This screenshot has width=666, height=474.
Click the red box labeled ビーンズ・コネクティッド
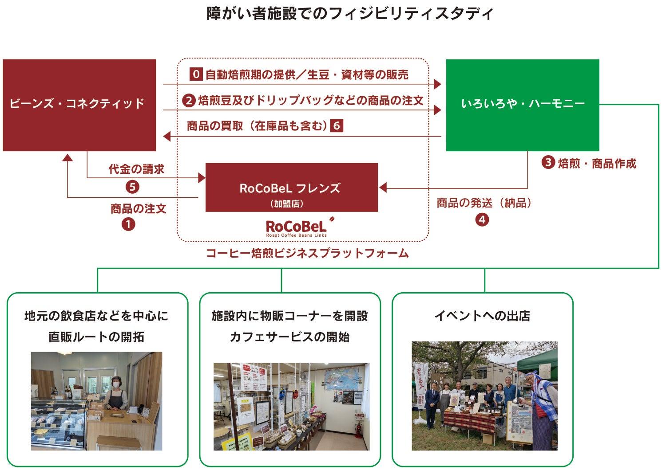coord(79,105)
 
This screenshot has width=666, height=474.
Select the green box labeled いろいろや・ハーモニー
coord(522,105)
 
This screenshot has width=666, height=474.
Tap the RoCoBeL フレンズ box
coord(291,188)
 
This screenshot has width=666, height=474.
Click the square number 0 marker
coord(196,74)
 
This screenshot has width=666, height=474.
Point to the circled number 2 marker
coord(189,101)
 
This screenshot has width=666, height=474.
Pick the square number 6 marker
coord(337,126)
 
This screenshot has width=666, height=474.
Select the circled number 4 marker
coord(482,219)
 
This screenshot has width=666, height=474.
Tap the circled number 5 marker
coord(132,187)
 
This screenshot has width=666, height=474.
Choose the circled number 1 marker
coord(128,224)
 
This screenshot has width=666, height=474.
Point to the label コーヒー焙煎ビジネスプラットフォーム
coord(307,254)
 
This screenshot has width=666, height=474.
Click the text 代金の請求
coord(137,169)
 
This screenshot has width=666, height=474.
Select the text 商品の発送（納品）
coord(484,203)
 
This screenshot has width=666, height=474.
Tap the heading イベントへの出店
coord(482,316)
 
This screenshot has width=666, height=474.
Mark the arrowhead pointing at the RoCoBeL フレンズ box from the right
coord(383,188)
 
